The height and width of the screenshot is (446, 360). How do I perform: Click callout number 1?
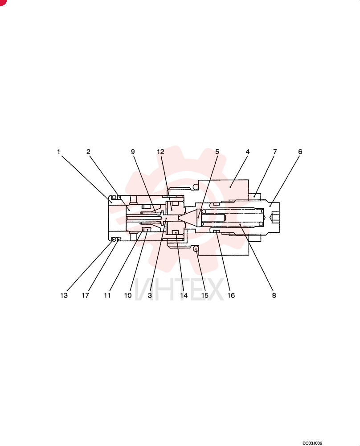coord(58,152)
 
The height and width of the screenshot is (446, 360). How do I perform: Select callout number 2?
coord(88,152)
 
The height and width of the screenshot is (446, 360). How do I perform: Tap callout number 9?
coord(133,152)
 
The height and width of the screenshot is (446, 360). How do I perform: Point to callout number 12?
coord(160,152)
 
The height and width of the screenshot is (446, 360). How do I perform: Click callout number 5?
coord(217,152)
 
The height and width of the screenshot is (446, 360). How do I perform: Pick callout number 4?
coord(247,152)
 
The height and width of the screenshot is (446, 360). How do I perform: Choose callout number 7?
coord(275,152)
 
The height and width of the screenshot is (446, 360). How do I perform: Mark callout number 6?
coord(300,152)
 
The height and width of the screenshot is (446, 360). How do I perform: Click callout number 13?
coord(64,296)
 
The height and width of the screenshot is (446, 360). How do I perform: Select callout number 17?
coord(85,296)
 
